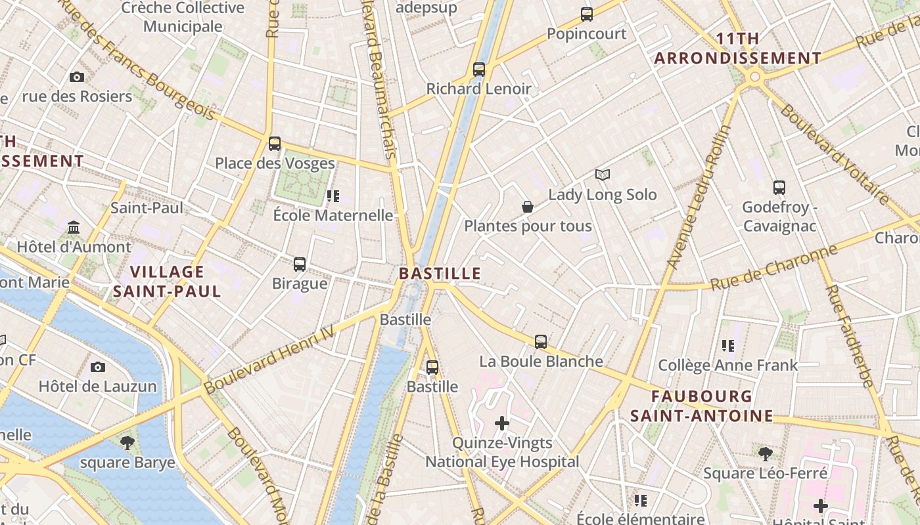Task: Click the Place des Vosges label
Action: pyautogui.click(x=275, y=163)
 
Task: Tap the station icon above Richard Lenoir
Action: pyautogui.click(x=479, y=69)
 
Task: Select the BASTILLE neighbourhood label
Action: pyautogui.click(x=440, y=274)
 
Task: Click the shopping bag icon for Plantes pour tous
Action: pyautogui.click(x=527, y=207)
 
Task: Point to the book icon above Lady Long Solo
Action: pyautogui.click(x=603, y=175)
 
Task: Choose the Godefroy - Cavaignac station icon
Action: pyautogui.click(x=779, y=188)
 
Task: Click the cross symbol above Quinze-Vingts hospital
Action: pyautogui.click(x=502, y=423)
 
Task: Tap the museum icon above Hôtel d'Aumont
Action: pyautogui.click(x=74, y=228)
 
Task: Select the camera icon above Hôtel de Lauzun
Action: pyautogui.click(x=98, y=367)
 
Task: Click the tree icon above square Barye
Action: pyautogui.click(x=127, y=442)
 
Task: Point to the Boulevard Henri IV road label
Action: pyautogui.click(x=269, y=362)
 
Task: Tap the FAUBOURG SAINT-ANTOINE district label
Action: pyautogui.click(x=702, y=406)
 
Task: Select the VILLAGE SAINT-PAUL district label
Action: pyautogui.click(x=167, y=281)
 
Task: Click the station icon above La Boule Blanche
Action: pyautogui.click(x=541, y=342)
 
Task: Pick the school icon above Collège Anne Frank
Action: pyautogui.click(x=727, y=345)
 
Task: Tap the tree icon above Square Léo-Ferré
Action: pyautogui.click(x=765, y=453)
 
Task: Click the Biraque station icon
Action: pyautogui.click(x=300, y=264)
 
